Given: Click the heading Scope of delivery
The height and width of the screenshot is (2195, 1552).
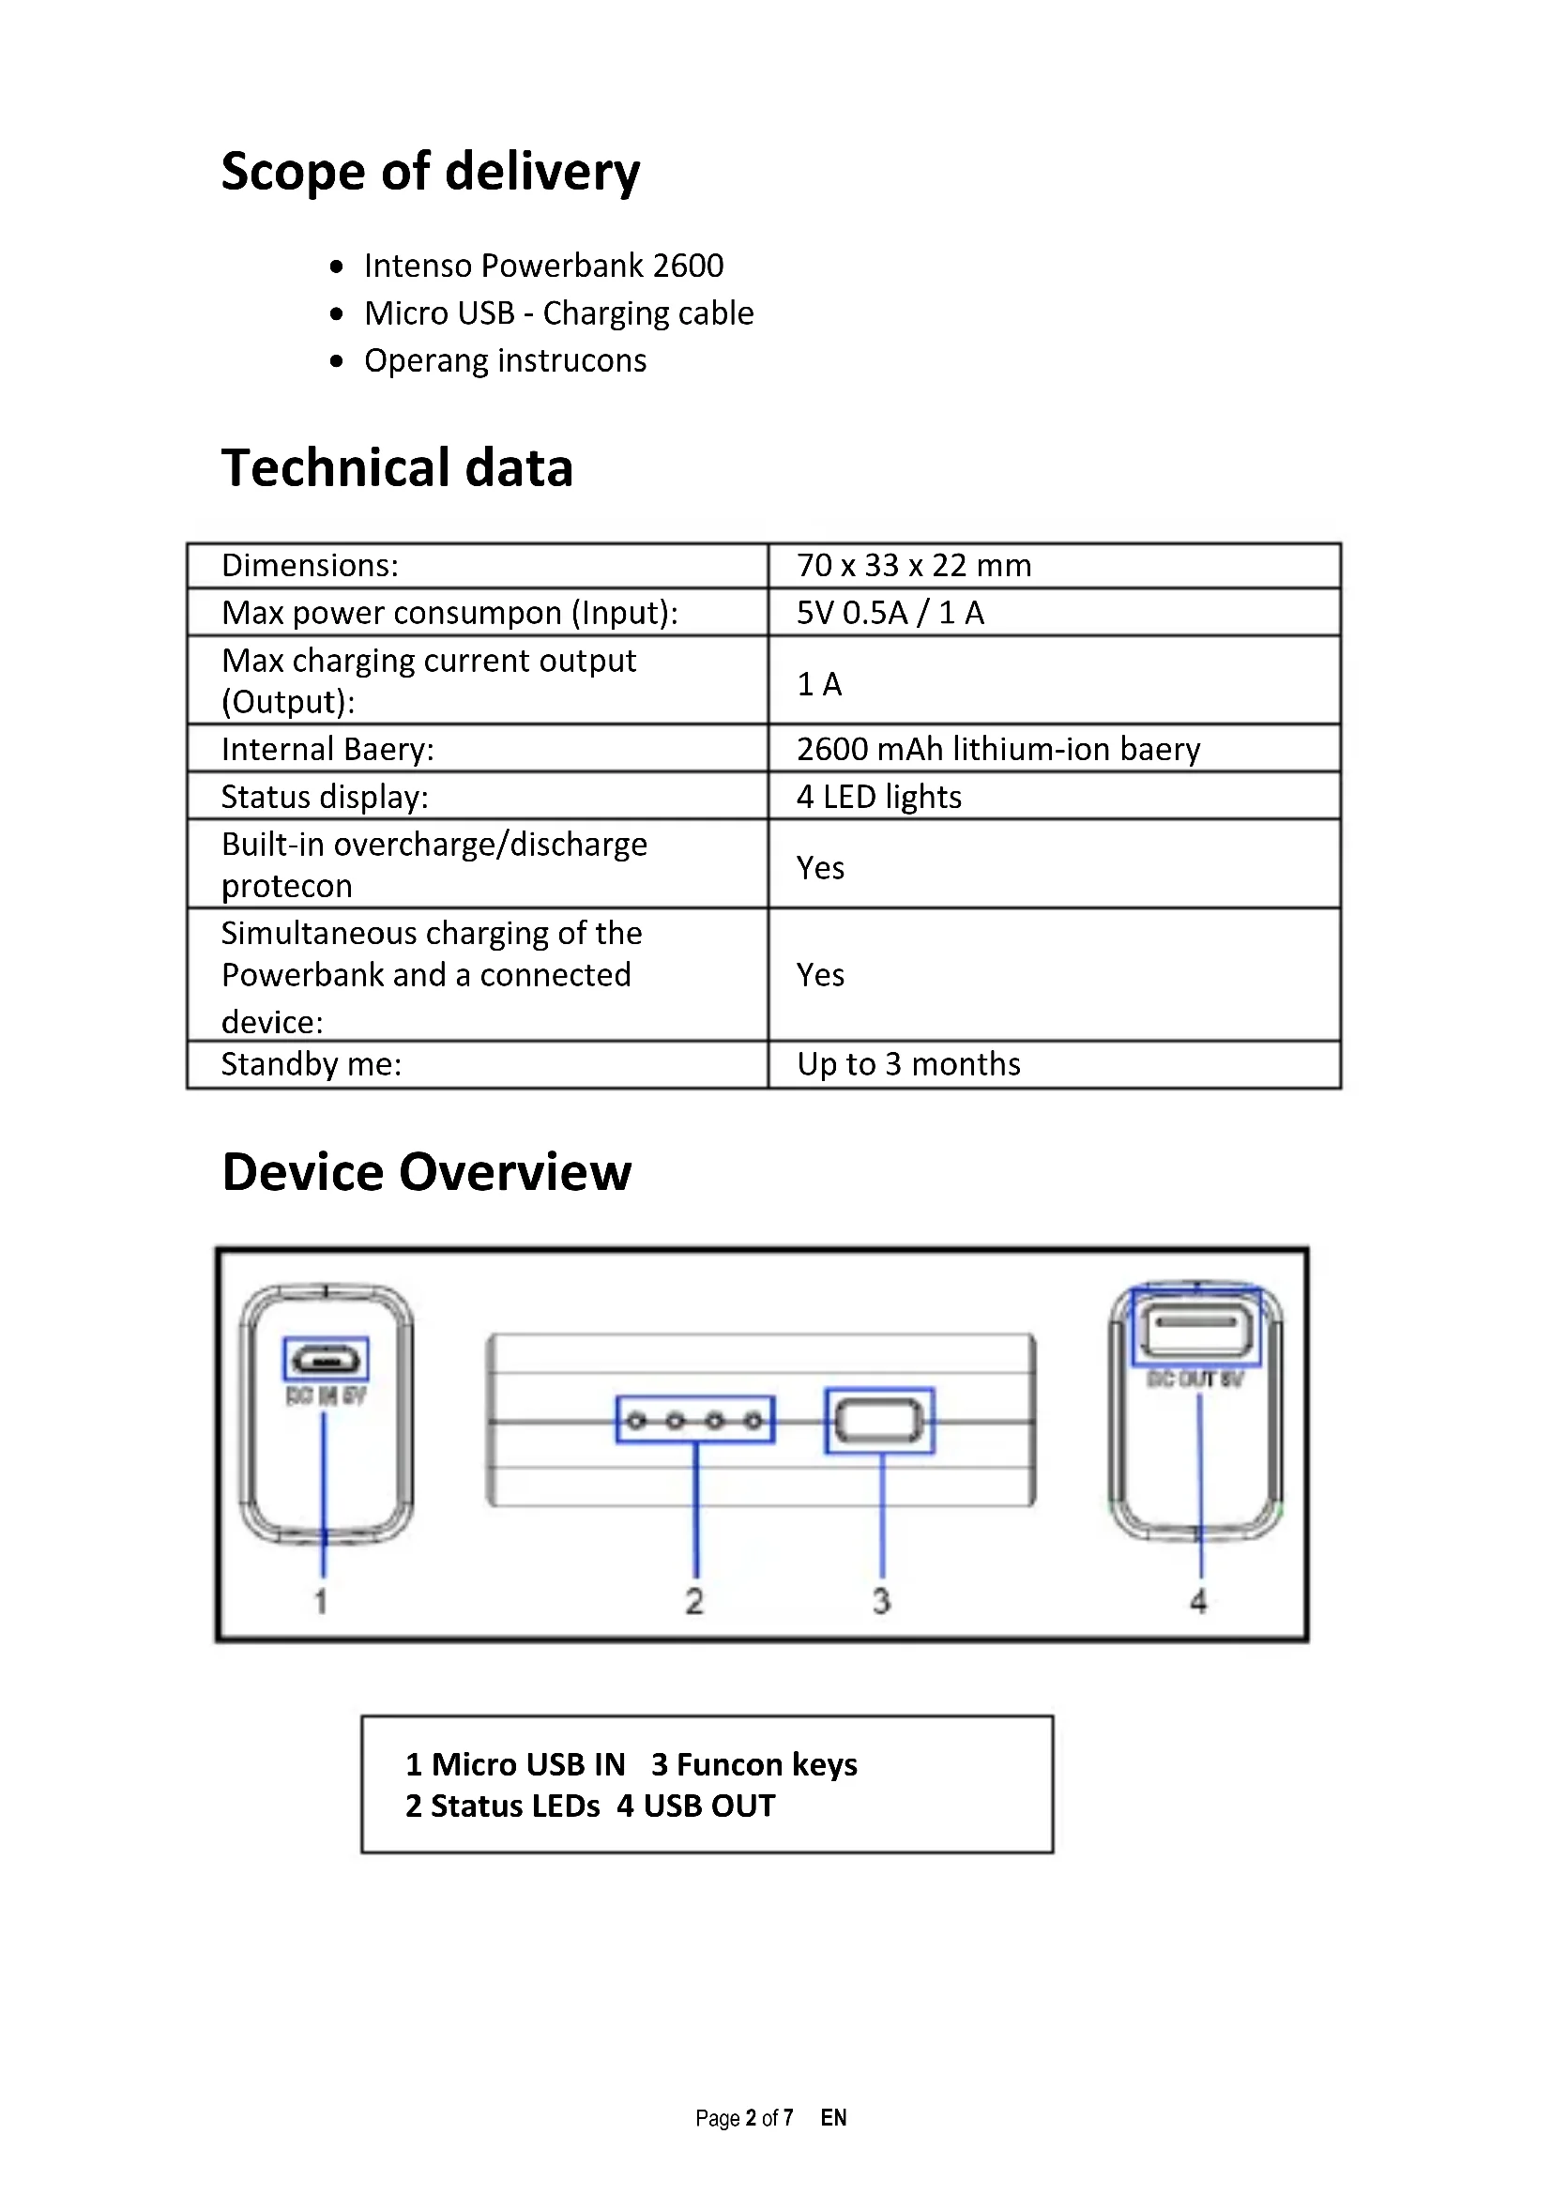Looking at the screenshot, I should pos(430,172).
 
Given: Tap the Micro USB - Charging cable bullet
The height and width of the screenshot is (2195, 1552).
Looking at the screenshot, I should pos(558,313).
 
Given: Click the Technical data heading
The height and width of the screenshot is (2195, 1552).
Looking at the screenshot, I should pos(397,468).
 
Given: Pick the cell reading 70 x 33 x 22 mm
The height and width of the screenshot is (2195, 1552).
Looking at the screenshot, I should pos(914,566).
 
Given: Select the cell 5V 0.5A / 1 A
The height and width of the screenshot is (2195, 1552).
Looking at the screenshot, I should pos(890,613).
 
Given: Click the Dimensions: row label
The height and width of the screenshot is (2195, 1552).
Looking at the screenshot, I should pos(310,566).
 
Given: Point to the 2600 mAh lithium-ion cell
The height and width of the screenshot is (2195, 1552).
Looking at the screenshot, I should pos(997,750).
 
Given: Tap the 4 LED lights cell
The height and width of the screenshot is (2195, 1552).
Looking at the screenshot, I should pos(878,798).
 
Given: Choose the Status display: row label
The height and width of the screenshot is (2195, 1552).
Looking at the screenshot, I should pos(325,798).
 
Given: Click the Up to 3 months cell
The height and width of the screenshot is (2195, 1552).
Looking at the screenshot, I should pos(908,1065).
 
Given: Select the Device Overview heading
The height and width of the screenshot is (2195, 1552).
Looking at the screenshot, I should pos(426,1173).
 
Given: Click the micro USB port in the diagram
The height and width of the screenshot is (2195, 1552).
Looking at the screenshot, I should pos(326,1359).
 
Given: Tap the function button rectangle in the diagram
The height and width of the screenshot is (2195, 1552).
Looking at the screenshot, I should pos(879,1421).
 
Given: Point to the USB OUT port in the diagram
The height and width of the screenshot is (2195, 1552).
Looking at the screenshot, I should pos(1196,1325).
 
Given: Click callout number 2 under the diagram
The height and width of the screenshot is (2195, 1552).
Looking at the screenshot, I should pos(694,1601).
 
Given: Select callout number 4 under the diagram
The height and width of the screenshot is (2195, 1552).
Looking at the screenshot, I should pos(1198,1601).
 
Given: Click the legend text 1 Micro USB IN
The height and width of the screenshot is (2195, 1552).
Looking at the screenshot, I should pos(515,1765).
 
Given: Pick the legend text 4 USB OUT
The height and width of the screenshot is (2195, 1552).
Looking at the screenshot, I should pos(695,1806).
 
